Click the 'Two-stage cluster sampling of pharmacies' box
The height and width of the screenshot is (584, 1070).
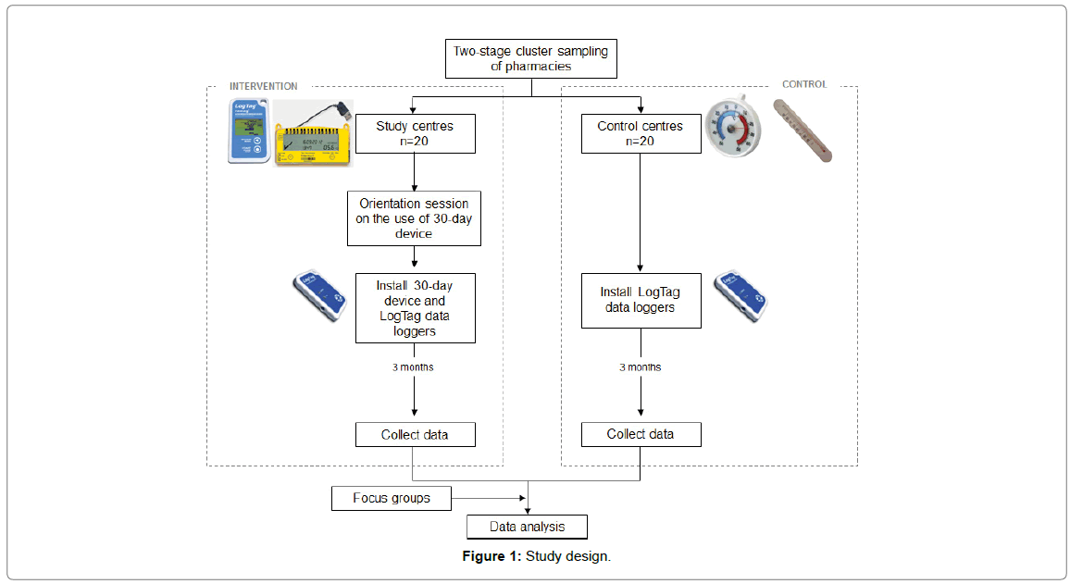[x=530, y=58]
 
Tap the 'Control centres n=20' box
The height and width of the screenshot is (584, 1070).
[x=641, y=133]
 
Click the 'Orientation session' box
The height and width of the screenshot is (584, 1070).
[x=414, y=218]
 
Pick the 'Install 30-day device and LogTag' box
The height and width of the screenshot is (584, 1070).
[x=415, y=307]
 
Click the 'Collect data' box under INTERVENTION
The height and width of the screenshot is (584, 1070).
[x=415, y=434]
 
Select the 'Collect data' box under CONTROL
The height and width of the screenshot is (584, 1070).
[x=641, y=434]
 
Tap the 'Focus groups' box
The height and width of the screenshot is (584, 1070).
[x=392, y=498]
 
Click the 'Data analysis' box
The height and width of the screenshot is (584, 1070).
[x=527, y=528]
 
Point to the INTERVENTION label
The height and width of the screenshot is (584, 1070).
[x=264, y=86]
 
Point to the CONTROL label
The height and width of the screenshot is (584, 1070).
[x=804, y=84]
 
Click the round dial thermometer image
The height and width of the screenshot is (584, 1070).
[x=733, y=129]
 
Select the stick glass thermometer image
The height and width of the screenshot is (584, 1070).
[x=802, y=130]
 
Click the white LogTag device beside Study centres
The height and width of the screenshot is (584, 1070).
[x=250, y=131]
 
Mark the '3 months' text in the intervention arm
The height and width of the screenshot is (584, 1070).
[x=413, y=367]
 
